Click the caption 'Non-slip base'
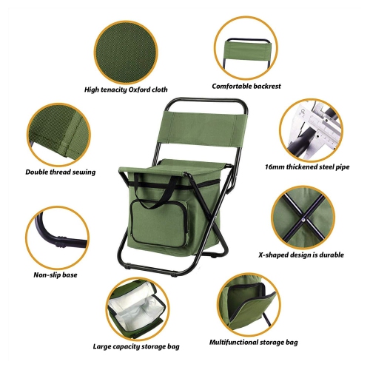[x=57, y=275]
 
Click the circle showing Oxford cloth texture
[x=125, y=49]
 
